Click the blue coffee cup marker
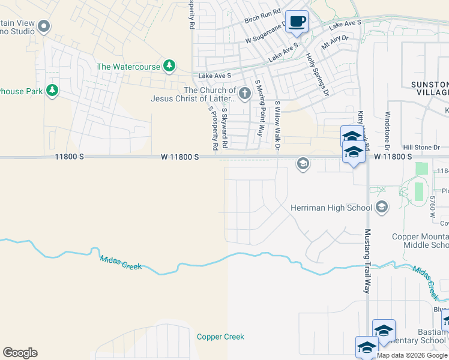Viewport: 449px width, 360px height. [297, 22]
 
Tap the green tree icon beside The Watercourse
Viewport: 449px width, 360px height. [170, 65]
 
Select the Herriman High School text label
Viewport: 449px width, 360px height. [331, 208]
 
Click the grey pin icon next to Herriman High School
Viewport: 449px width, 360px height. [381, 208]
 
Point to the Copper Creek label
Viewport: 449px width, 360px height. [220, 337]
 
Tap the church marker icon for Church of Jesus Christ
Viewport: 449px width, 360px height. [244, 93]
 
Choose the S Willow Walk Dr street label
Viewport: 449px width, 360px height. [277, 127]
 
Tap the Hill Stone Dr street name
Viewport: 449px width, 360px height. [421, 147]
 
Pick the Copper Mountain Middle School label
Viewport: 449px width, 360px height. [420, 241]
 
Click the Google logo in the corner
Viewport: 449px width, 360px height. [20, 353]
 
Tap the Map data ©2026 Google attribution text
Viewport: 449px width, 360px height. [412, 355]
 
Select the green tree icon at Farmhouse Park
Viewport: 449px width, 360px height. [52, 91]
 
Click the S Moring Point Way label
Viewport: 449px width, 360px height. [259, 108]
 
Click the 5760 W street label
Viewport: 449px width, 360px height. [432, 206]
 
